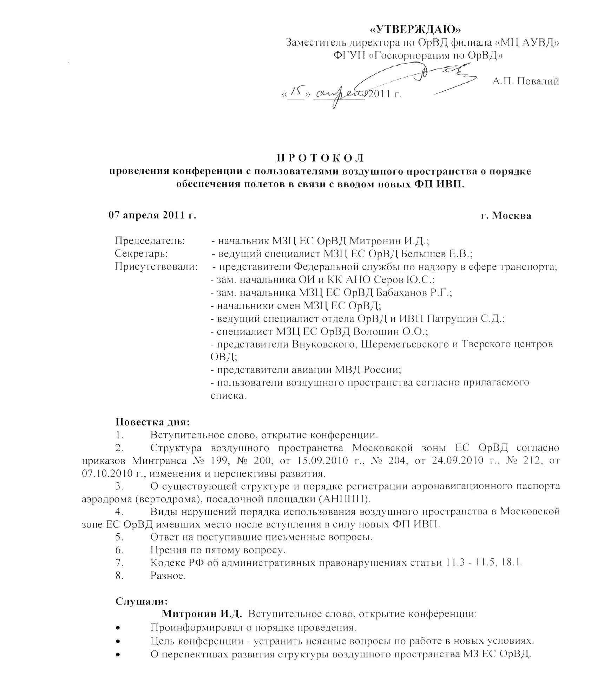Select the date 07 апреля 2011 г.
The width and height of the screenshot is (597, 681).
152,215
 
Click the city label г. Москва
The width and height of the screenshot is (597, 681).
506,215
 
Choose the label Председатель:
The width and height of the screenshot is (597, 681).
150,241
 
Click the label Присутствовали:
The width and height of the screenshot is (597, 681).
156,267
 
